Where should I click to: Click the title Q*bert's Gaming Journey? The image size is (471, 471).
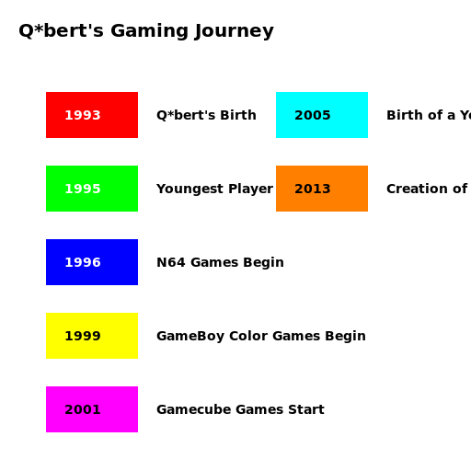(146, 31)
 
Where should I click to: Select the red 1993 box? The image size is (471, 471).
(92, 115)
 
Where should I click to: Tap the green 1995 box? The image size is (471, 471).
(92, 189)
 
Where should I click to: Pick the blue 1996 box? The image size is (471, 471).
(92, 262)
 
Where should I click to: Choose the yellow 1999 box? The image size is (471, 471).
(92, 336)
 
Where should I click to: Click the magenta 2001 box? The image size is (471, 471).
(92, 409)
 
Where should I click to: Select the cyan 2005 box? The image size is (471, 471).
(322, 115)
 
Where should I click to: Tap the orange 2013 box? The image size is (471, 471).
(322, 189)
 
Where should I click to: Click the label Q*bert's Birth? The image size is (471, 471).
(206, 116)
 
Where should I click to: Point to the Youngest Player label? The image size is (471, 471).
(214, 190)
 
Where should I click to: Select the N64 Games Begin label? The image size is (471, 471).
(220, 263)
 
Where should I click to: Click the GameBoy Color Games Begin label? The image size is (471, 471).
(260, 337)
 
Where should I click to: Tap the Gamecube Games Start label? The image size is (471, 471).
(240, 410)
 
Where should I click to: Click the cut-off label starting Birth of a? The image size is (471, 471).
(428, 116)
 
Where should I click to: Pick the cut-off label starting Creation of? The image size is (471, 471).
(427, 190)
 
